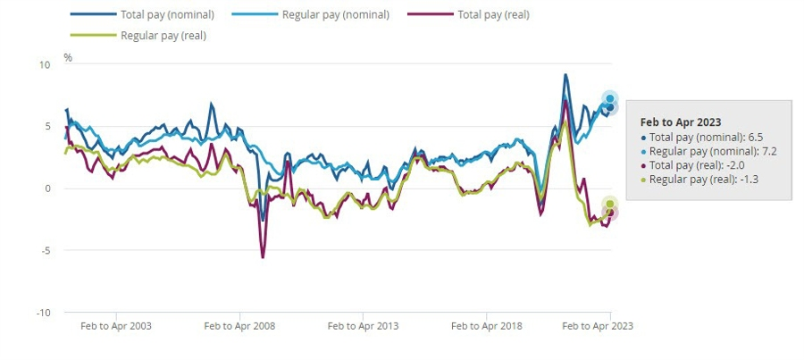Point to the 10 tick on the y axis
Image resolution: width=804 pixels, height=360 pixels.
pos(45,64)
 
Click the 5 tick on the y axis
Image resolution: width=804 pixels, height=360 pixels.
pos(47,126)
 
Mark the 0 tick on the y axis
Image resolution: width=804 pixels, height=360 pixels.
pos(47,188)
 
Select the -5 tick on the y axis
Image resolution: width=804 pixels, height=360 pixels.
pos(46,250)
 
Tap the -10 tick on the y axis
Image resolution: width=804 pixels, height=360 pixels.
pos(43,313)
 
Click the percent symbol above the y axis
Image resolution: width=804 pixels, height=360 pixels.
pos(68,57)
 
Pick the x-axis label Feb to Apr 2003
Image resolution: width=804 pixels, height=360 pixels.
pos(116,326)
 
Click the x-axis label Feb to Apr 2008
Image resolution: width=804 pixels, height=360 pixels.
pos(239,326)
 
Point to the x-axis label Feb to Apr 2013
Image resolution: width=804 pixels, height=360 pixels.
pos(363,326)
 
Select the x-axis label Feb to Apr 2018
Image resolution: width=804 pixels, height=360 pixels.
pos(486,326)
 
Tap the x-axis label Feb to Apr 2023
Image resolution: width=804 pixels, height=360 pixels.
pos(597,326)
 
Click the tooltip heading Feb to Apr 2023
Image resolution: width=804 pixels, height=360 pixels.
pos(681,121)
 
